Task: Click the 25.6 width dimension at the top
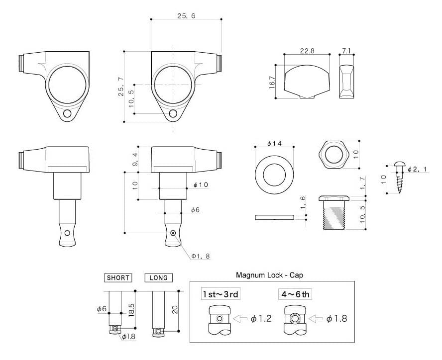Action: click(x=186, y=16)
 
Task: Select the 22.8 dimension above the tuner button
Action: click(x=307, y=51)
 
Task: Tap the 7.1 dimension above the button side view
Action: click(x=346, y=51)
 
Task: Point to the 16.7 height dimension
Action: click(x=272, y=82)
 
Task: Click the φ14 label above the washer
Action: click(x=274, y=143)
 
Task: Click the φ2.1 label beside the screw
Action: click(x=418, y=169)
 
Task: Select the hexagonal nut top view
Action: click(x=334, y=155)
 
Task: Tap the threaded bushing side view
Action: click(x=334, y=213)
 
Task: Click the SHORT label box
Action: click(x=118, y=278)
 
